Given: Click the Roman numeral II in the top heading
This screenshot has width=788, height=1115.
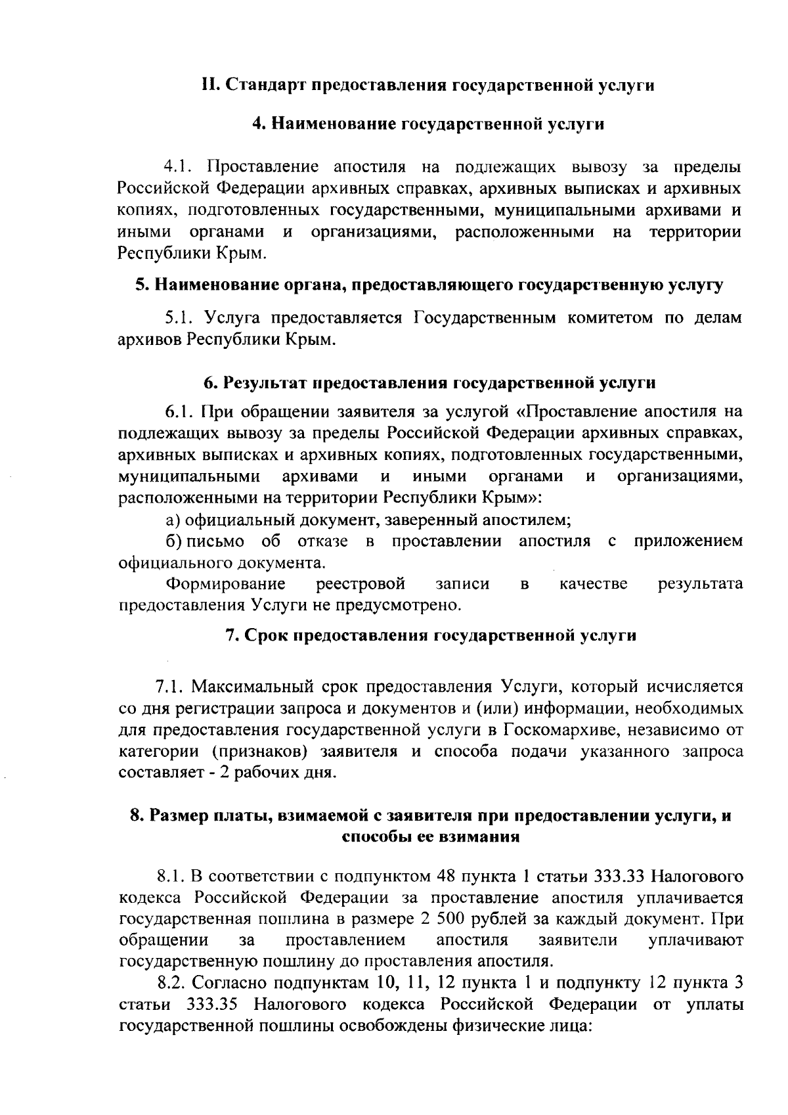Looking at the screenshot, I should click(x=208, y=85).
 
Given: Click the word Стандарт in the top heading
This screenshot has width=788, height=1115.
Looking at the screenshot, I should click(x=259, y=85).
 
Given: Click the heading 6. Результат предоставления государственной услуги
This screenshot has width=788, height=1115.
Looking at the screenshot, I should click(x=429, y=382).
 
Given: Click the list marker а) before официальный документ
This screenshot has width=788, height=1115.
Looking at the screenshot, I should click(x=173, y=520).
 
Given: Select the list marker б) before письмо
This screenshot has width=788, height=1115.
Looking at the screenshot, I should click(x=173, y=541).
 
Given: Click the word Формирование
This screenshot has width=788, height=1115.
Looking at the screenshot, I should click(x=225, y=583).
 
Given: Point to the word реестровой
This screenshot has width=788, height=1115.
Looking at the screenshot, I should click(x=360, y=583).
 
